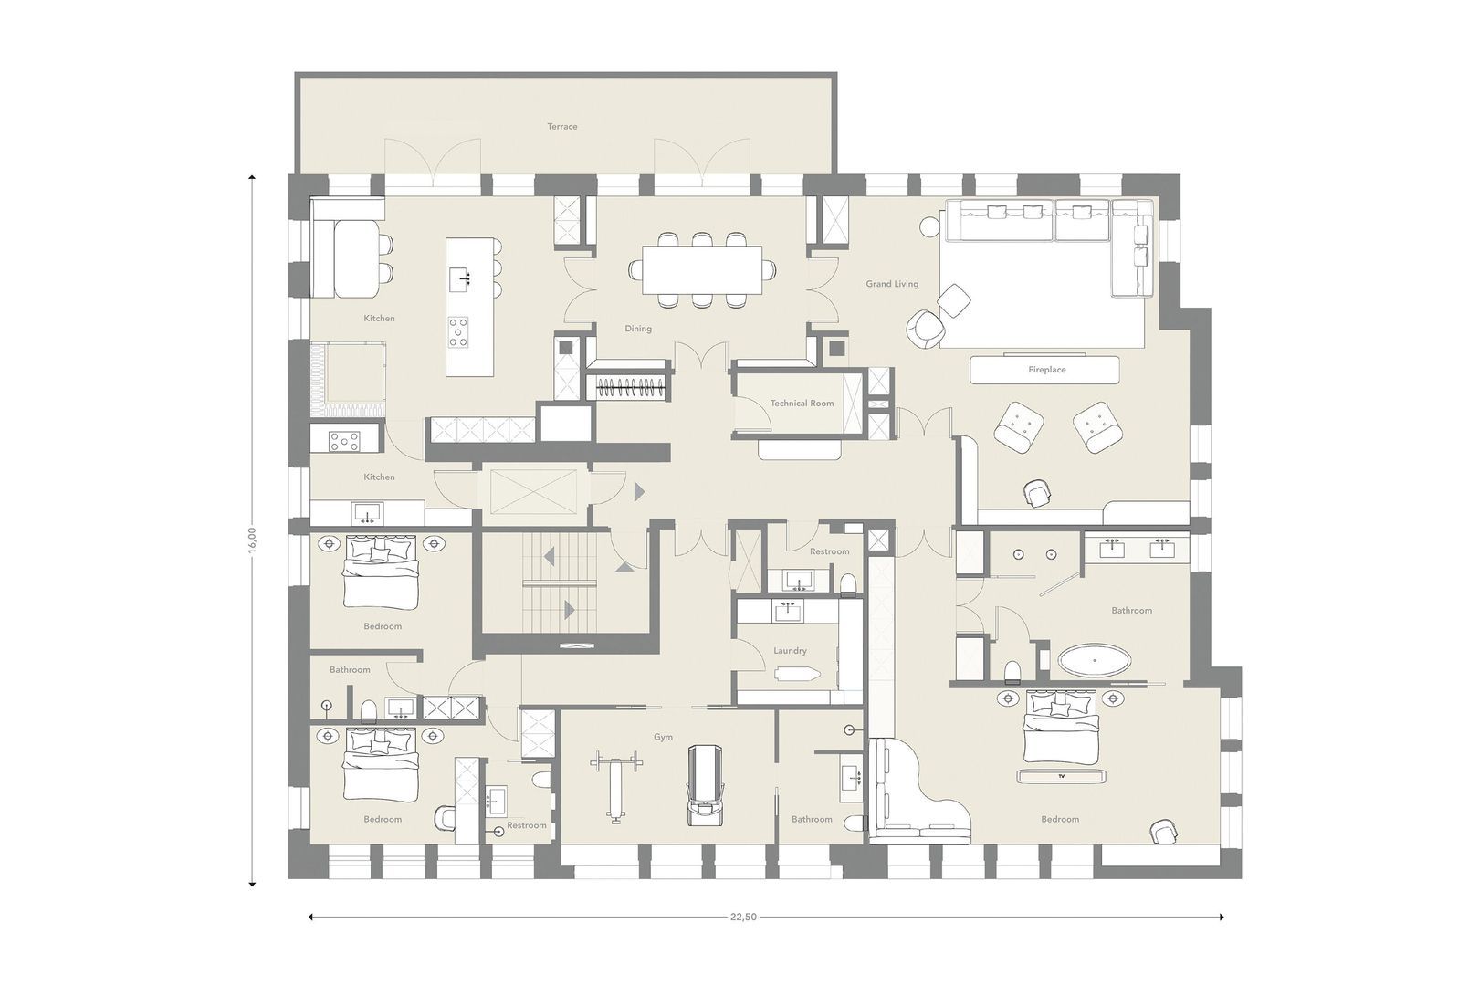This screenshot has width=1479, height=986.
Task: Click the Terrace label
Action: pyautogui.click(x=562, y=127)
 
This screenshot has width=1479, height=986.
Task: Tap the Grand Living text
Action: pyautogui.click(x=892, y=284)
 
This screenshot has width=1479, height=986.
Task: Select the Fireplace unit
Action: pyautogui.click(x=1045, y=370)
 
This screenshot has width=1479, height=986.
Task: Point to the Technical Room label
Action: pyautogui.click(x=802, y=403)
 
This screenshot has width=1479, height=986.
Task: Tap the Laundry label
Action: pyautogui.click(x=790, y=651)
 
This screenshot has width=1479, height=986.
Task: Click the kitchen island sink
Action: pyautogui.click(x=462, y=276)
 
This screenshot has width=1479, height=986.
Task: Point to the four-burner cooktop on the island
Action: pyautogui.click(x=458, y=330)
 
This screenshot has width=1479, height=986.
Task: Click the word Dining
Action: pyautogui.click(x=638, y=329)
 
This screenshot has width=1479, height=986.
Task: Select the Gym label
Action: pyautogui.click(x=663, y=736)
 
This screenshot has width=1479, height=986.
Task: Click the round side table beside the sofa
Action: pyautogui.click(x=930, y=224)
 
